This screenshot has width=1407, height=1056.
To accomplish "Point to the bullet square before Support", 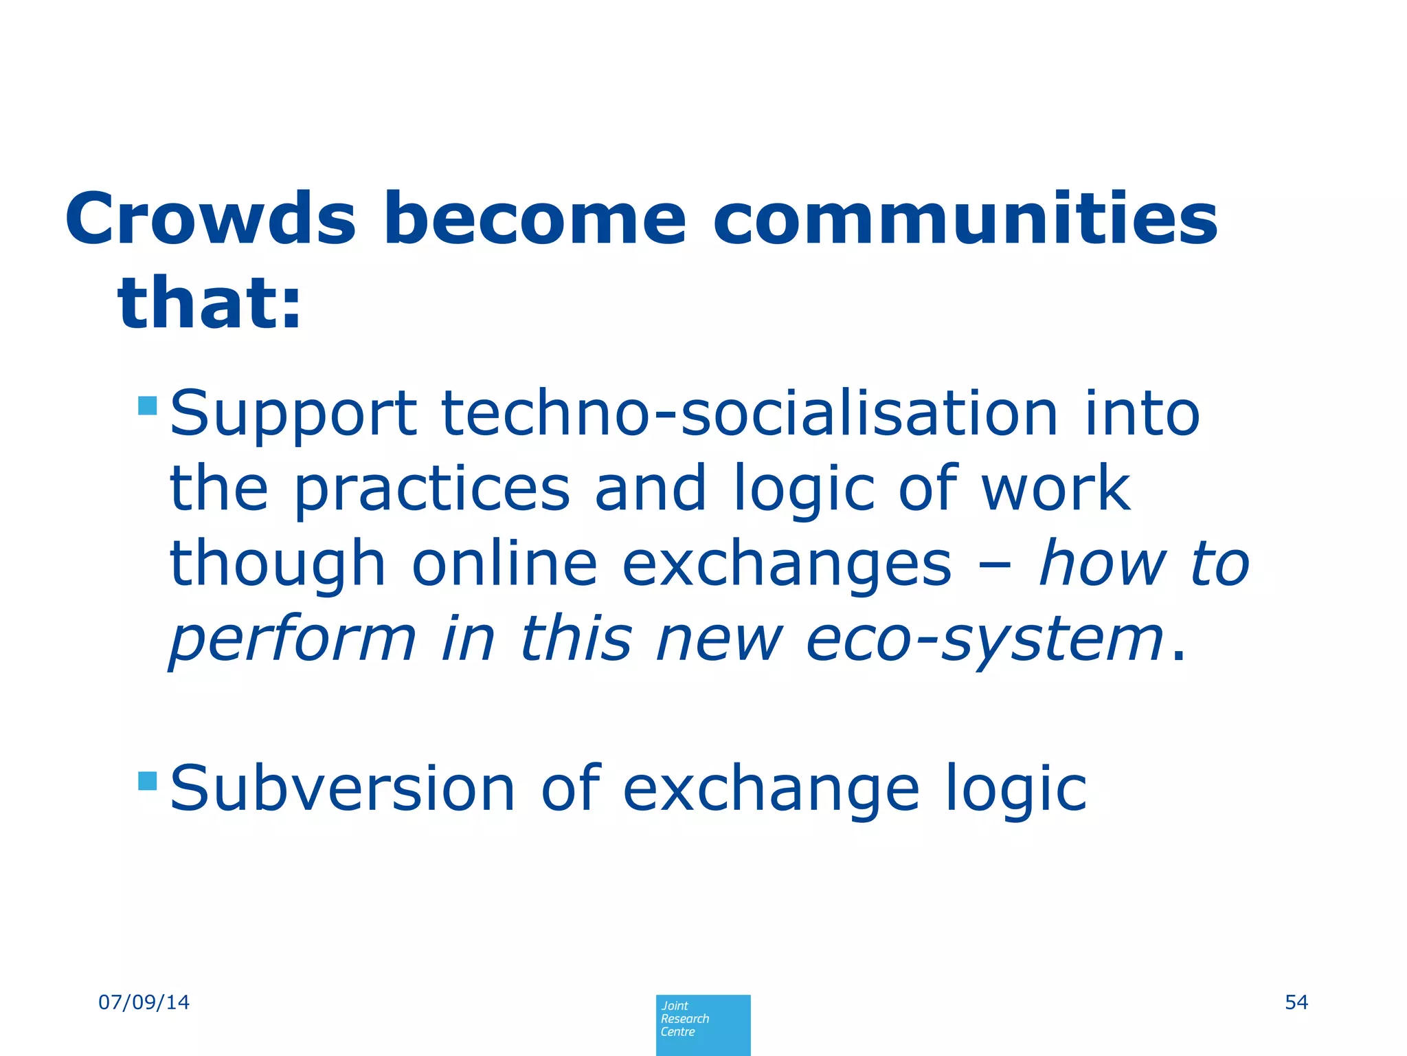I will click(148, 405).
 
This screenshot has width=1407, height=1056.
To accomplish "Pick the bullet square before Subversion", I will click(148, 780).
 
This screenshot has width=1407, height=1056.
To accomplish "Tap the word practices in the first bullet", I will click(432, 489).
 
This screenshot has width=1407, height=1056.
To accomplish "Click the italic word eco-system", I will click(984, 639).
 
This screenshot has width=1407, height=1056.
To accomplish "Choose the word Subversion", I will click(342, 789).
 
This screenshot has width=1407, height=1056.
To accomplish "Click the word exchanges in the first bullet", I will click(787, 565).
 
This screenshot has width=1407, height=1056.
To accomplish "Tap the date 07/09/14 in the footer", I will click(144, 1002).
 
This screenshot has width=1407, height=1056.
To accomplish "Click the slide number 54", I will click(1296, 1002).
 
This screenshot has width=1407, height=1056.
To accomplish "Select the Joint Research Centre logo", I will click(703, 1024).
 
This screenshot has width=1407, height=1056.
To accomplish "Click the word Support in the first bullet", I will click(293, 415).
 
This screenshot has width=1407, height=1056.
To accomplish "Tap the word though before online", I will click(278, 565).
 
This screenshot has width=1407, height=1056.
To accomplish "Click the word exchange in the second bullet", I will click(771, 790).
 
